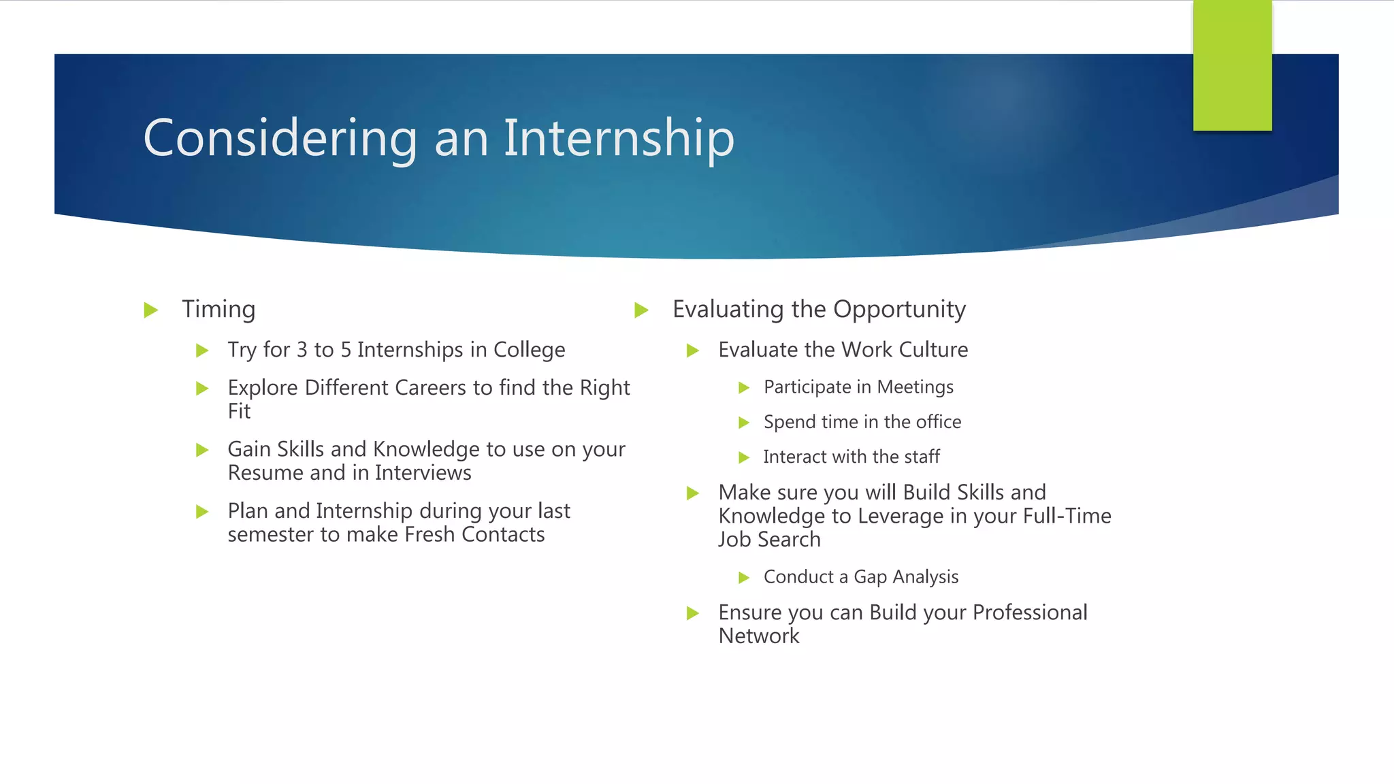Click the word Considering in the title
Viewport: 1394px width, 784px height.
click(280, 139)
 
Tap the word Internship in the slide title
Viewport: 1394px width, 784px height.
click(619, 139)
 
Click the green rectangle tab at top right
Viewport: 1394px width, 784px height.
click(1232, 65)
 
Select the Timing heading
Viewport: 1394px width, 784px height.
click(218, 310)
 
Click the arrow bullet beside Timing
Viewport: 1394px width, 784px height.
click(151, 310)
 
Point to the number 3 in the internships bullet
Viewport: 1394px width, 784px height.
click(302, 350)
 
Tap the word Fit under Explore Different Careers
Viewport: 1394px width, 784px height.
click(239, 412)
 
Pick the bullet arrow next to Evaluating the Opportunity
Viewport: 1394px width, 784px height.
click(641, 310)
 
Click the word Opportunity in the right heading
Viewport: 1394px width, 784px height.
click(899, 310)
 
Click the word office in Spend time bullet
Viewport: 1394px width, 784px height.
click(938, 422)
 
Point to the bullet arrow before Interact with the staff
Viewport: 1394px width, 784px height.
click(744, 457)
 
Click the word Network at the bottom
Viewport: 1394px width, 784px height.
click(758, 636)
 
